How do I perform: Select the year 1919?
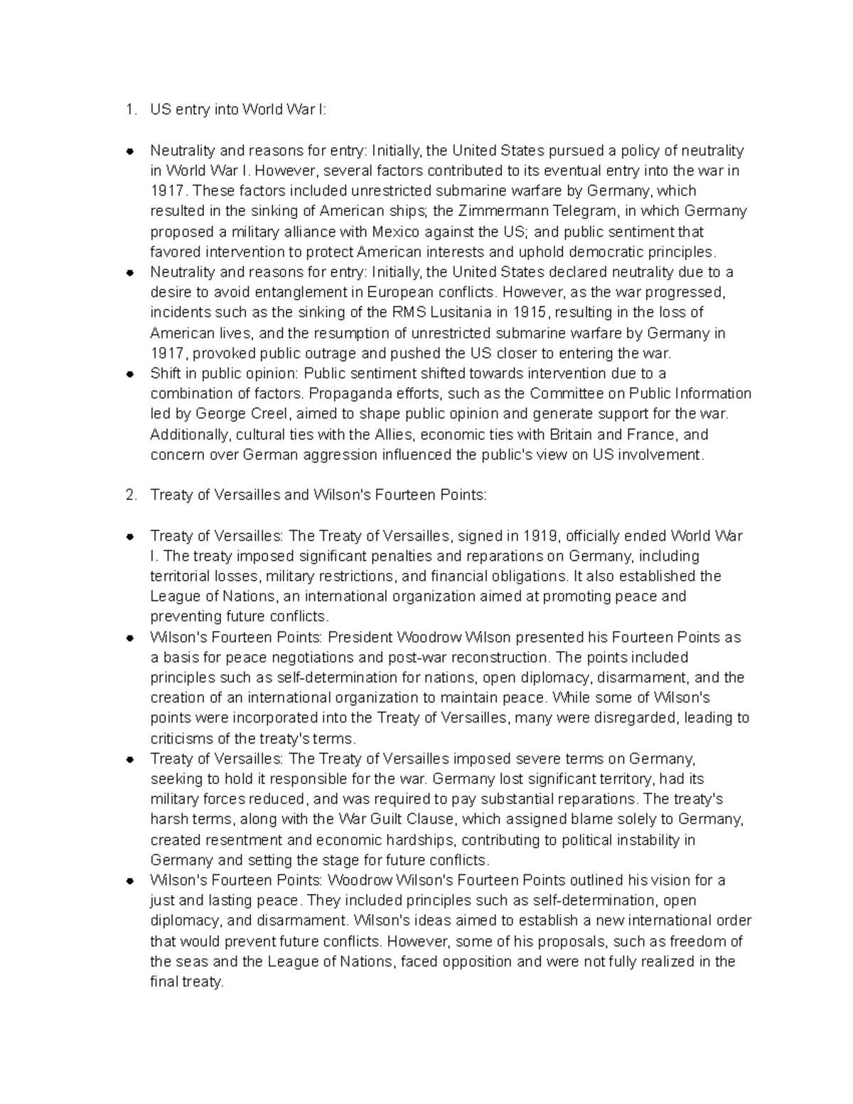tap(541, 536)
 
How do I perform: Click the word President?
tap(360, 638)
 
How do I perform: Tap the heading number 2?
tap(129, 495)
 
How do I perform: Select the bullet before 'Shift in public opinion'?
tap(130, 374)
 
